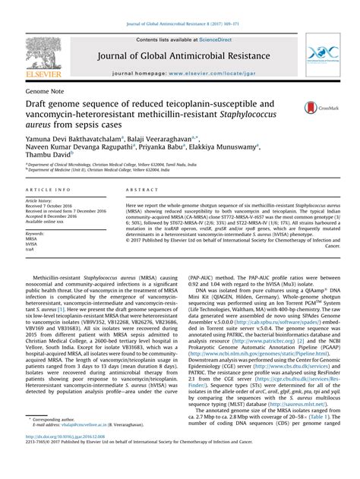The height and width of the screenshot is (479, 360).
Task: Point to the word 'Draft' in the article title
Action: click(38, 106)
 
